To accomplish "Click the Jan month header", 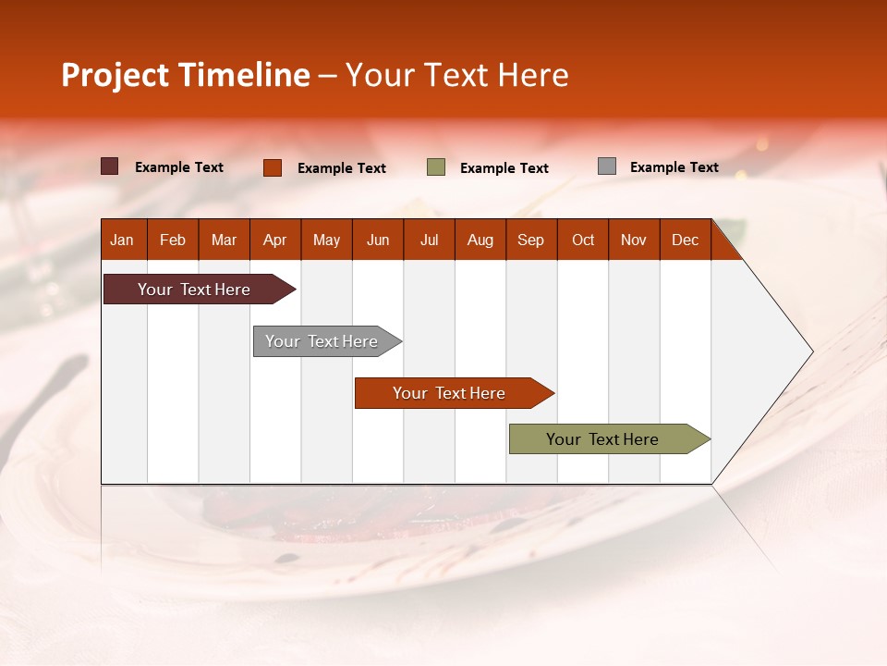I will pos(123,240).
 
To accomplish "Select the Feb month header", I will pos(173,240).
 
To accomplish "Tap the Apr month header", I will pos(275,240).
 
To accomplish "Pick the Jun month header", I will pos(378,240).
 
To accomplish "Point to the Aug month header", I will pos(480,240).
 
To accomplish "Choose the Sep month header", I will pos(531,240).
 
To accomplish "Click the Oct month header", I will pos(583,240).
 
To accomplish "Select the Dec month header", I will pos(686,240).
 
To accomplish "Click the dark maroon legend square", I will pos(110,166).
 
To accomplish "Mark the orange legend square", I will pos(273,167).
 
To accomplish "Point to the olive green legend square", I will pos(436,167).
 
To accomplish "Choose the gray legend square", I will pos(607,166).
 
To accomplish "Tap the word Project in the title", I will pos(115,75).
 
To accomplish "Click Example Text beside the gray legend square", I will pos(674,167).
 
